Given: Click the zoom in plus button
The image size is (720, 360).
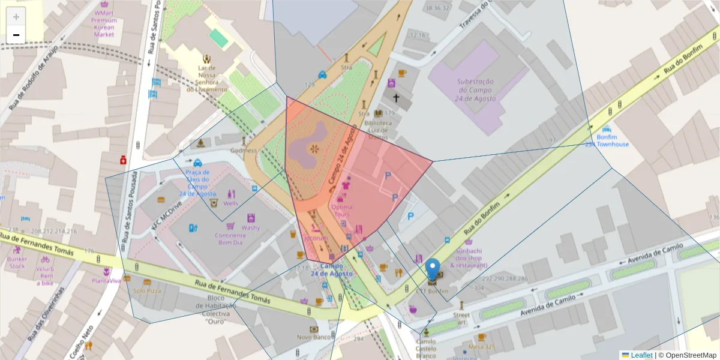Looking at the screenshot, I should click(16, 17).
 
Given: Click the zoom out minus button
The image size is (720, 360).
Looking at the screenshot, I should click(16, 35).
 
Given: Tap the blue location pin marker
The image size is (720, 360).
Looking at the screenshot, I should click(432, 270).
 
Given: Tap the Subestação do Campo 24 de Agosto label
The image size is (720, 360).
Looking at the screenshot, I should click(475, 89).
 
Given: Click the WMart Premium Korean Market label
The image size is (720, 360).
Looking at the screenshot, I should click(104, 23).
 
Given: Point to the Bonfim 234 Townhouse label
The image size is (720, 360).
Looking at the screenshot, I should click(607, 140).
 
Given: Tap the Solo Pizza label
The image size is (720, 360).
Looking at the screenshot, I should click(147, 290).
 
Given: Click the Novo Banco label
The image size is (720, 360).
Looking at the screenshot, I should click(313, 337).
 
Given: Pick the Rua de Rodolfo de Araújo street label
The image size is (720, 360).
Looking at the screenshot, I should click(34, 77).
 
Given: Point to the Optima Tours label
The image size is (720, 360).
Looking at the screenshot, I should click(343, 211).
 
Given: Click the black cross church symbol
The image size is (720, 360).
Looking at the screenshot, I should click(396, 97).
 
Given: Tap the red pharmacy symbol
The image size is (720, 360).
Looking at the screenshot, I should click(123, 160).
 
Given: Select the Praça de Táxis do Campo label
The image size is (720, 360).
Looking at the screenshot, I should click(197, 182).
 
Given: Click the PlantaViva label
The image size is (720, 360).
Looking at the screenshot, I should click(107, 280).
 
